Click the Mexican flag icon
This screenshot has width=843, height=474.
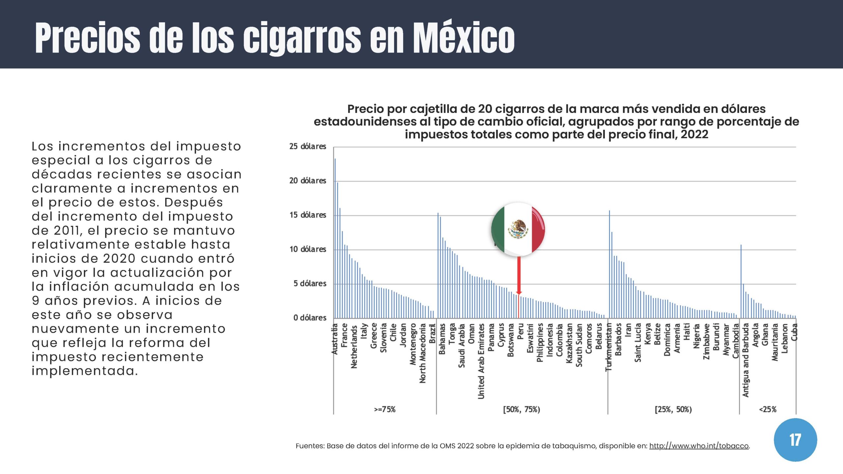pyautogui.click(x=518, y=229)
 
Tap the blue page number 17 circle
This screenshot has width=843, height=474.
pyautogui.click(x=795, y=440)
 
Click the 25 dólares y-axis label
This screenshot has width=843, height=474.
pyautogui.click(x=308, y=146)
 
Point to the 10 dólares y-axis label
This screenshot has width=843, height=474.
pyautogui.click(x=308, y=249)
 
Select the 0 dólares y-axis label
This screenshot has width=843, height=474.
pyautogui.click(x=310, y=318)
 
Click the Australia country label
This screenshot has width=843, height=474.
pyautogui.click(x=335, y=339)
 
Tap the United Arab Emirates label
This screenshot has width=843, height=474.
pyautogui.click(x=481, y=361)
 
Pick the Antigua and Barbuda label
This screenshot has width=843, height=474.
pyautogui.click(x=746, y=360)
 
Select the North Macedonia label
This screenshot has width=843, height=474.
pyautogui.click(x=422, y=353)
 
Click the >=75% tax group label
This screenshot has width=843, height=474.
pyautogui.click(x=385, y=409)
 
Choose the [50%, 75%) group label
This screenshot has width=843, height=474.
pyautogui.click(x=522, y=409)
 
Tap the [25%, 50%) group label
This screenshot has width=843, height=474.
pyautogui.click(x=673, y=409)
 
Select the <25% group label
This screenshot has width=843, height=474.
pyautogui.click(x=768, y=409)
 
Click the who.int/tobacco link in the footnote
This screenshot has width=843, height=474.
pyautogui.click(x=699, y=446)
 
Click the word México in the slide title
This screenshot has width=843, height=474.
pyautogui.click(x=464, y=38)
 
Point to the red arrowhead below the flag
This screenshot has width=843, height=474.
pyautogui.click(x=519, y=293)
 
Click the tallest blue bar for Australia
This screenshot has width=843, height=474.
pyautogui.click(x=335, y=237)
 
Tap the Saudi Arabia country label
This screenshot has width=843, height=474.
pyautogui.click(x=462, y=346)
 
